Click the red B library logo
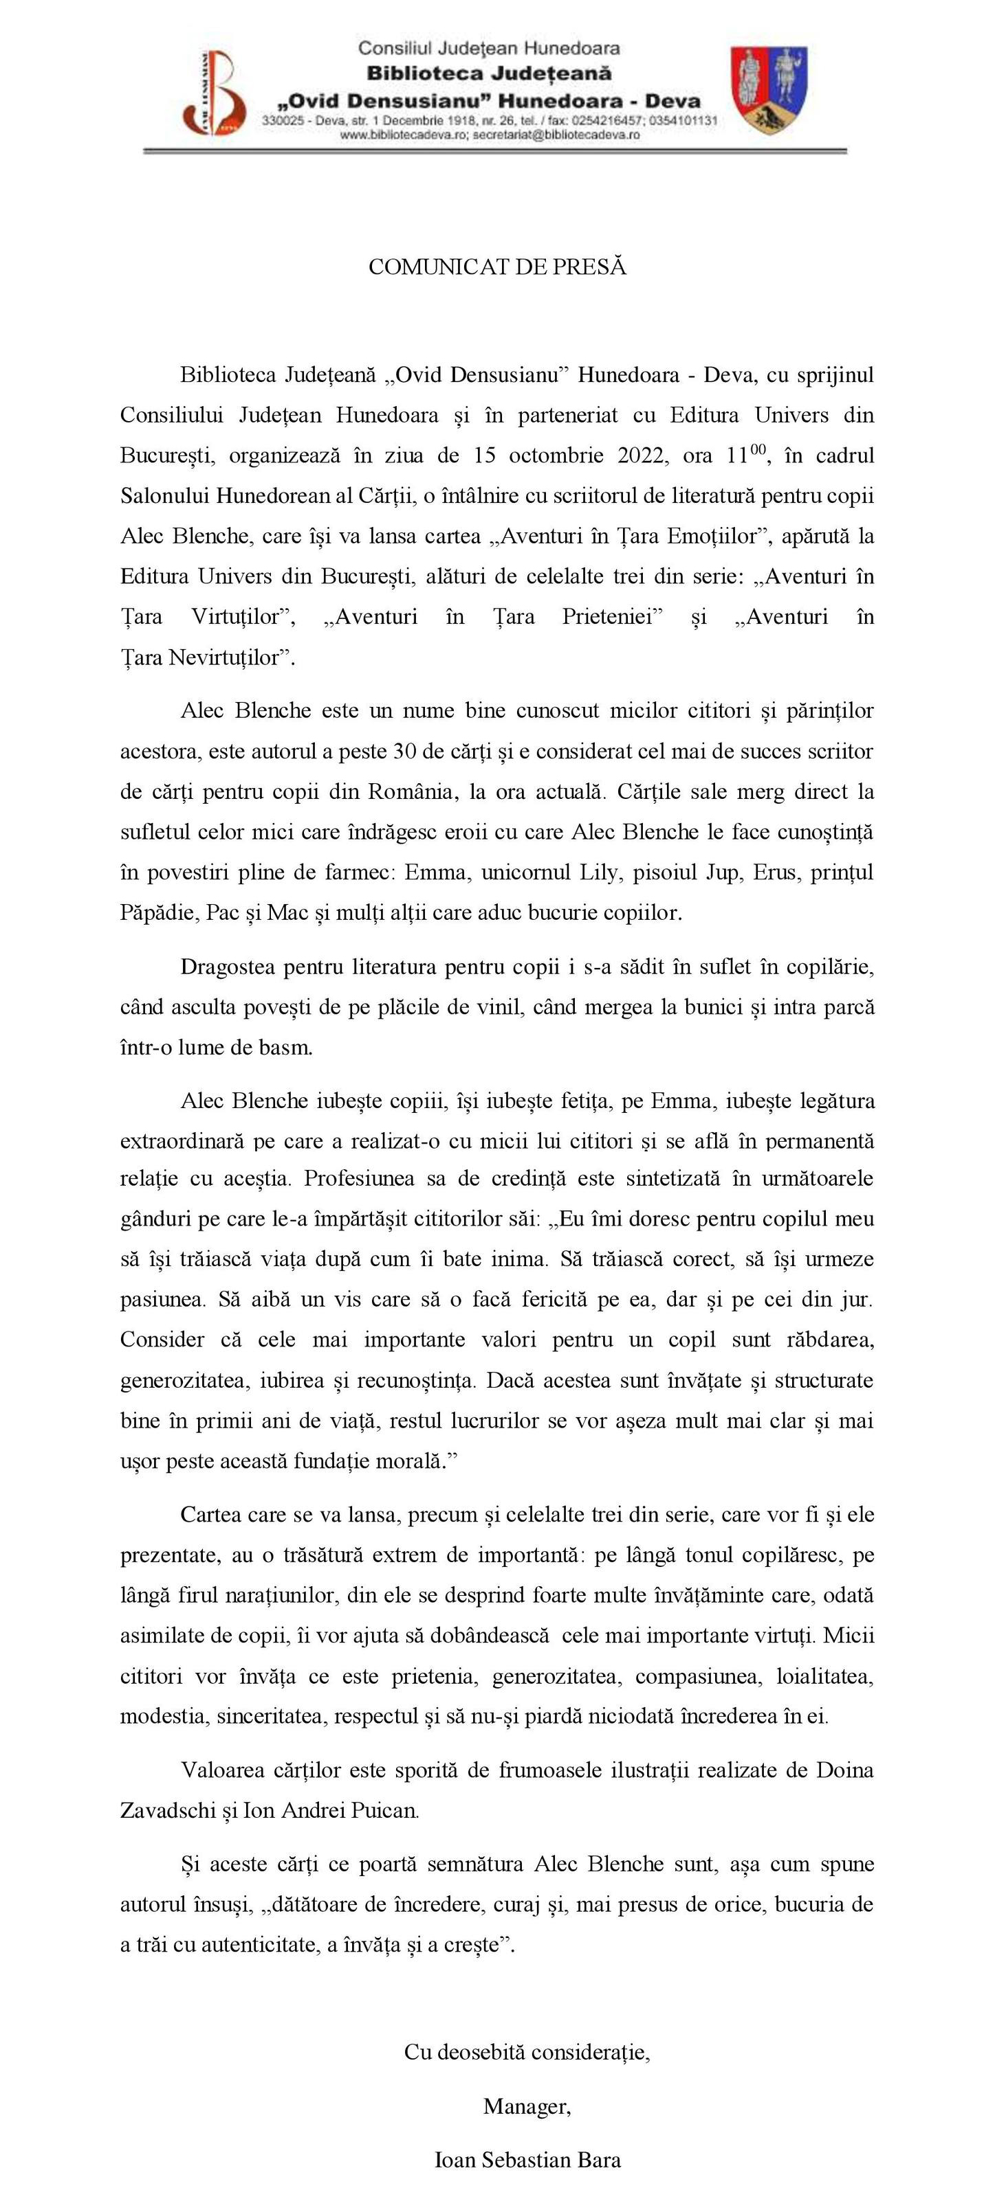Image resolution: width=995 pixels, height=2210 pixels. [215, 93]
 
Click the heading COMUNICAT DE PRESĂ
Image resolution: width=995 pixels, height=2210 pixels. [497, 268]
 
